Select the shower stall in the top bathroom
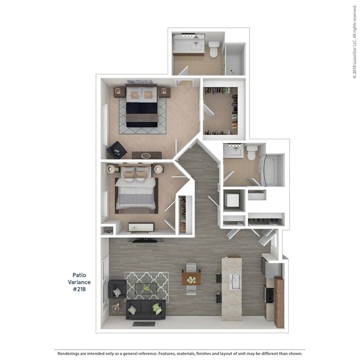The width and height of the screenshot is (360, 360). point(235,60)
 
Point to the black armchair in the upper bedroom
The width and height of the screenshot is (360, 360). point(116,150)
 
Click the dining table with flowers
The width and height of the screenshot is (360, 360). point(191,279)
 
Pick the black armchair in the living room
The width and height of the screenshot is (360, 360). point(116,289)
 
